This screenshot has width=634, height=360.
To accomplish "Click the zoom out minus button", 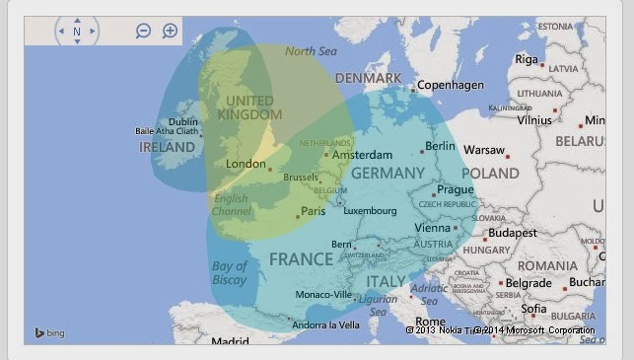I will (x=143, y=31).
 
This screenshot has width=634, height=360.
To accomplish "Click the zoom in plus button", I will (x=170, y=31).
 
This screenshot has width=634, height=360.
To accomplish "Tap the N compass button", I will (x=76, y=32).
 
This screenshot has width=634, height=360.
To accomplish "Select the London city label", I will (x=246, y=164).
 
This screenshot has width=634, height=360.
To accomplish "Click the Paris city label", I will (x=313, y=211).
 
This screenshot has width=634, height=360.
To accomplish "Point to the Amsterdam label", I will (x=356, y=155).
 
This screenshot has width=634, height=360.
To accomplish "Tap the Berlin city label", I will (x=440, y=146).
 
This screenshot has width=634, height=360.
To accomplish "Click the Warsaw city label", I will (x=483, y=150).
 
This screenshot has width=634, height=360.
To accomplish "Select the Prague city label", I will (x=456, y=189).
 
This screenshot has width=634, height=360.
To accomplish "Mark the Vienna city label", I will (x=432, y=228).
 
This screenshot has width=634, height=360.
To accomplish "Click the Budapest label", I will (x=512, y=234).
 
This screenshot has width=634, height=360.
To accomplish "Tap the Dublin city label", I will (x=182, y=122).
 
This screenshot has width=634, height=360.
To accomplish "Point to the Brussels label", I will (x=301, y=178).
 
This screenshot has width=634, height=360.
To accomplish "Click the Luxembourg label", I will (x=370, y=210).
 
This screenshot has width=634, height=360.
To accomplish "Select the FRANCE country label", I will (x=301, y=259).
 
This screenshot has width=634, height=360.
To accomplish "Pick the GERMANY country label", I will (x=387, y=173).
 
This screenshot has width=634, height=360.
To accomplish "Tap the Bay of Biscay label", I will (x=229, y=273).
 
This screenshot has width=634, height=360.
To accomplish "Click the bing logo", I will (x=49, y=333).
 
